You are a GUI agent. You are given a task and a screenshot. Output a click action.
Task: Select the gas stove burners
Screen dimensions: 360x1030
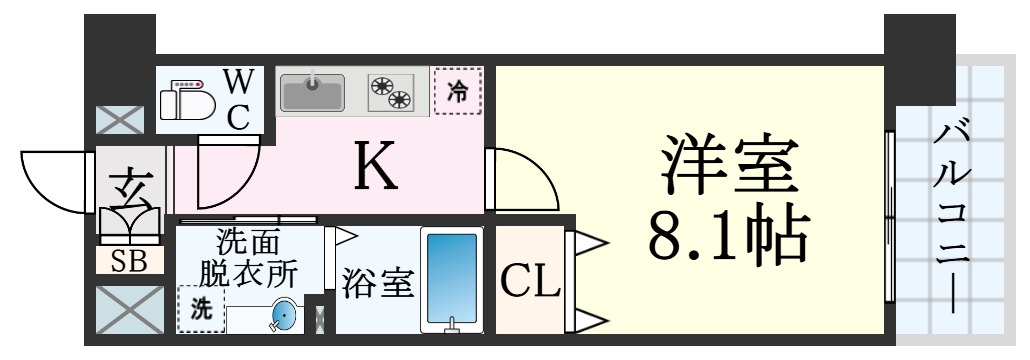[390, 92]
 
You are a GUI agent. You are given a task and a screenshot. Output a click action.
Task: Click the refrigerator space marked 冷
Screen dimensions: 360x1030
[457, 92]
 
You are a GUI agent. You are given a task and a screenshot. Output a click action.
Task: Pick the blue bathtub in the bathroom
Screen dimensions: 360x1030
[451, 279]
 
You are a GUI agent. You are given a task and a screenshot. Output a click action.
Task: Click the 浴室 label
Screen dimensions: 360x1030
[376, 283]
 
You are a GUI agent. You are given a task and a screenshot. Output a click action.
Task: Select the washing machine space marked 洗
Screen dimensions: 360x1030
[199, 310]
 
